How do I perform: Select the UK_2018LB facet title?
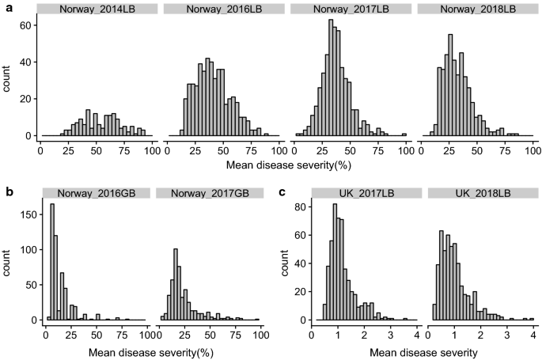pos(482,192)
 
